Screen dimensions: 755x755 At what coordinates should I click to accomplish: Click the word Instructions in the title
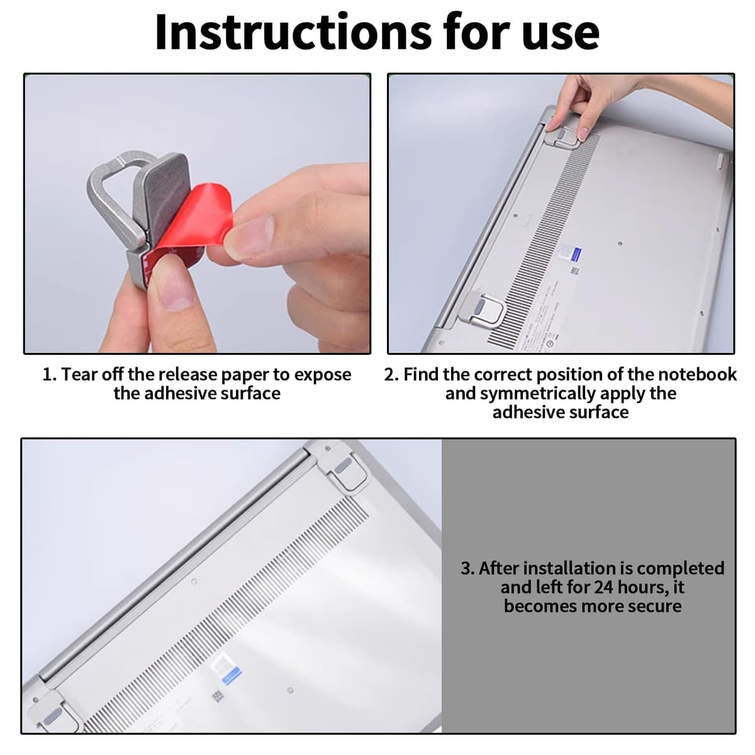click(x=294, y=32)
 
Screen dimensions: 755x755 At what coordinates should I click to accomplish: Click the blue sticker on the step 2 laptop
click(x=576, y=254)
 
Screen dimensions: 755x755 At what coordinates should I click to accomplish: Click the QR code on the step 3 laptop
click(x=218, y=696)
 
